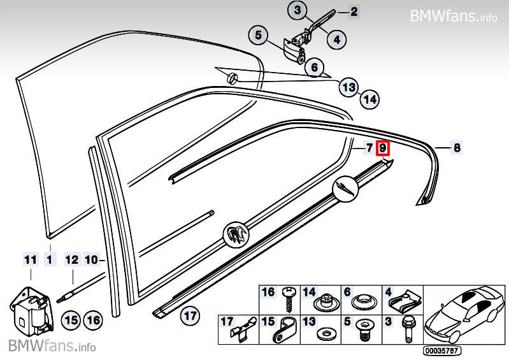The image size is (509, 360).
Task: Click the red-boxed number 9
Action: click(383, 148)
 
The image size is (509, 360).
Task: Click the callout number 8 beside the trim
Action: click(457, 148)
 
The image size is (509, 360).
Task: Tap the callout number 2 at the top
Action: click(354, 11)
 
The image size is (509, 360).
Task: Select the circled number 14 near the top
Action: click(369, 99)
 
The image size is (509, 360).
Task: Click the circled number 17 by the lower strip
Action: click(189, 314)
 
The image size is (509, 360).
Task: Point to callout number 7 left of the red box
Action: click(369, 148)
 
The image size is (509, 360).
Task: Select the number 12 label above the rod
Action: click(71, 259)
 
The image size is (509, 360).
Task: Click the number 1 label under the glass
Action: click(50, 259)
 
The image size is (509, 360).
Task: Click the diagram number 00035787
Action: click(442, 350)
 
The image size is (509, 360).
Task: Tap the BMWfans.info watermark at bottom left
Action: click(52, 347)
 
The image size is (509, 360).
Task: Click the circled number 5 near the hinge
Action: click(259, 36)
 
